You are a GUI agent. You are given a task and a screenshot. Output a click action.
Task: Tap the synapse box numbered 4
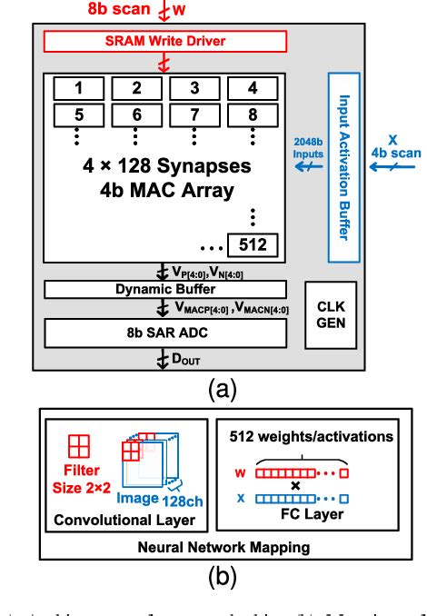click(x=253, y=89)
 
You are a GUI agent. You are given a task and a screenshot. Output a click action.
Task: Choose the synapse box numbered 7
click(x=194, y=115)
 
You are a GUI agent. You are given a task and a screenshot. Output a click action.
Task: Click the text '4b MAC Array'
click(x=155, y=192)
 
